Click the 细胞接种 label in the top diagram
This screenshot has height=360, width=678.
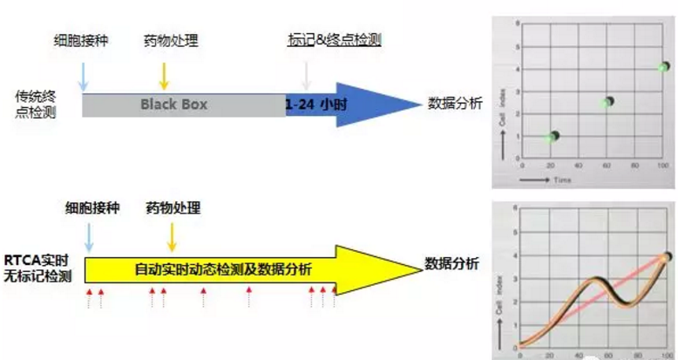[x=83, y=39]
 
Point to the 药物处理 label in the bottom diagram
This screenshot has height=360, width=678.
[x=173, y=208]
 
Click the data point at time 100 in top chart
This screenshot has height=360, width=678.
[x=664, y=66]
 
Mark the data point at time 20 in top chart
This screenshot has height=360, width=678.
[x=552, y=137]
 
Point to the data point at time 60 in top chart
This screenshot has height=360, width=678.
[x=607, y=102]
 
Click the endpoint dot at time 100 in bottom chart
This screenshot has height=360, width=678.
[x=667, y=257]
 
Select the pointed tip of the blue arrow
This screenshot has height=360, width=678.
[x=421, y=105]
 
